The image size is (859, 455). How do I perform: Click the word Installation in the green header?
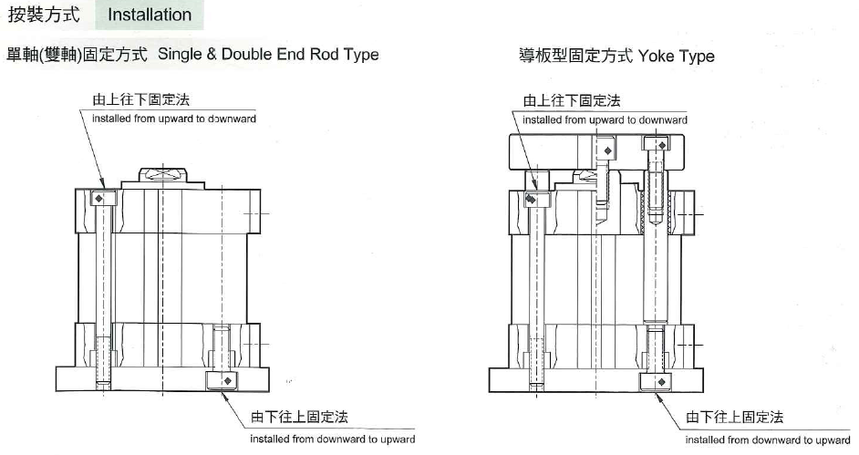[x=150, y=15]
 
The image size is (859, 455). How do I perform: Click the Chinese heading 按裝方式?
[x=44, y=15]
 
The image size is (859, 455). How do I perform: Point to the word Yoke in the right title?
[x=657, y=56]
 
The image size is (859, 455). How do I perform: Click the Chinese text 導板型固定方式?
[x=575, y=56]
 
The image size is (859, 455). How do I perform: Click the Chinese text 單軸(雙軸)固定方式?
[x=78, y=54]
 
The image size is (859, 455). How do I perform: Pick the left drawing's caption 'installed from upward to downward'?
[x=174, y=119]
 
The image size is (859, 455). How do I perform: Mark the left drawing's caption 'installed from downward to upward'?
[x=333, y=439]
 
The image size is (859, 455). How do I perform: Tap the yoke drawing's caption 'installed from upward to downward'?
[x=605, y=119]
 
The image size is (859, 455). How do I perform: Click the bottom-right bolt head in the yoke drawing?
[x=656, y=378]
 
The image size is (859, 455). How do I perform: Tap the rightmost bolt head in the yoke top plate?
[x=657, y=144]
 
